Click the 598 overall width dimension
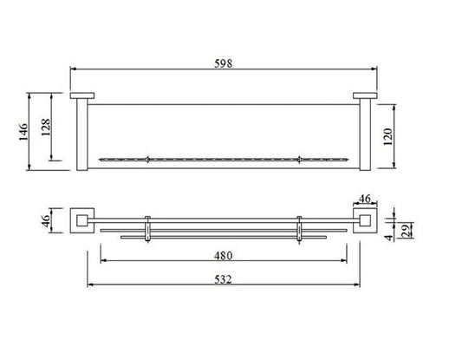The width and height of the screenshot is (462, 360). pyautogui.click(x=223, y=63)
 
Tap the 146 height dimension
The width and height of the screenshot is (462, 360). pyautogui.click(x=23, y=132)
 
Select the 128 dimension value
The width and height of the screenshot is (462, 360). pyautogui.click(x=46, y=127)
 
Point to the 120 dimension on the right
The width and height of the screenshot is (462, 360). pyautogui.click(x=388, y=136)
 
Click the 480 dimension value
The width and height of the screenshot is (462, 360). pyautogui.click(x=223, y=256)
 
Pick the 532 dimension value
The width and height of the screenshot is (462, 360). pyautogui.click(x=223, y=279)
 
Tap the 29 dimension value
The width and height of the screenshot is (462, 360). pyautogui.click(x=407, y=230)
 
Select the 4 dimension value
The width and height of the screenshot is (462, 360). pyautogui.click(x=389, y=238)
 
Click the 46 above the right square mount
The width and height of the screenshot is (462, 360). pyautogui.click(x=365, y=199)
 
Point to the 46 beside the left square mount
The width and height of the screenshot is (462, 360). pyautogui.click(x=46, y=220)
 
